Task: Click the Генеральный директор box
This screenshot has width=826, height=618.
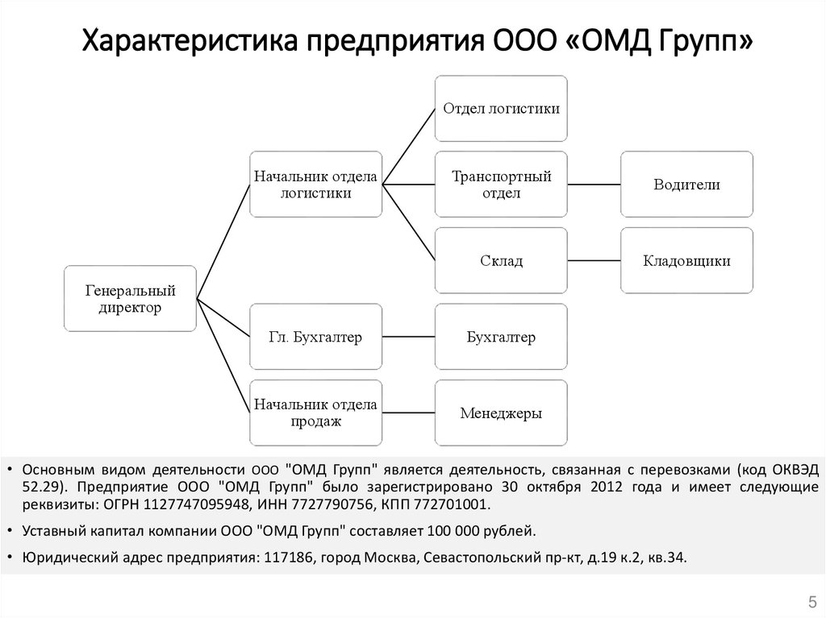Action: (130, 298)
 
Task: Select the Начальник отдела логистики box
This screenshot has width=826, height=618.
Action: (315, 184)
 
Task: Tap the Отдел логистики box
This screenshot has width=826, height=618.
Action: (501, 108)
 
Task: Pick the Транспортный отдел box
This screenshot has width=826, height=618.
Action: (501, 184)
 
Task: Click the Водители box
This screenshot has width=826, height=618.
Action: (686, 184)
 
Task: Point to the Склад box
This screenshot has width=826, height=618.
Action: (501, 260)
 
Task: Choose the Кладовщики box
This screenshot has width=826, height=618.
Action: (686, 260)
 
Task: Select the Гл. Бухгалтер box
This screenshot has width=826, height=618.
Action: (315, 337)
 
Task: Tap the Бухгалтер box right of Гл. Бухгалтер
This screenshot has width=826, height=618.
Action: (501, 337)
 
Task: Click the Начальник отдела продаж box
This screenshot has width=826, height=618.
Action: (315, 413)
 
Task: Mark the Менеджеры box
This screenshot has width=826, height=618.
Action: (501, 413)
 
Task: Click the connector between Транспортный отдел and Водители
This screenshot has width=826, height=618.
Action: (594, 185)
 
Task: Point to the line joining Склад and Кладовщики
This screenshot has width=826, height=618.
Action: (594, 260)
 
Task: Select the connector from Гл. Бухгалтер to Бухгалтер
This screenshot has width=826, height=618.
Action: (408, 337)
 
